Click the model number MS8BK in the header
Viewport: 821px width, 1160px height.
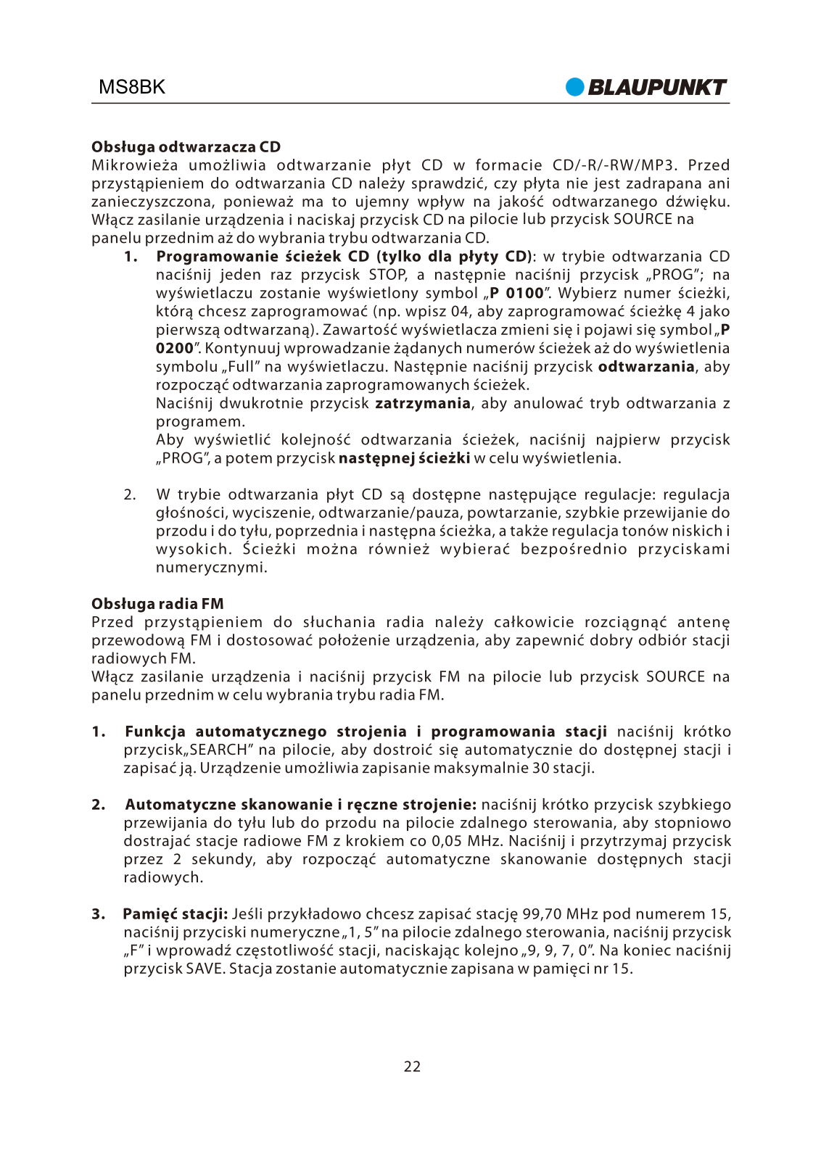pos(132,87)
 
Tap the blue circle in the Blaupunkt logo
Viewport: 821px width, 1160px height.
pos(575,87)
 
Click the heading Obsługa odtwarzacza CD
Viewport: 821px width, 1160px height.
pos(186,146)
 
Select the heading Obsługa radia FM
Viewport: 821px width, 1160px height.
pos(157,603)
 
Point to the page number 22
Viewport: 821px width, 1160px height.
pos(412,1066)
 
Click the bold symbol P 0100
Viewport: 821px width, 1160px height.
pos(516,293)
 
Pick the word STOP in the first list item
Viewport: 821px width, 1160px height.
pos(387,275)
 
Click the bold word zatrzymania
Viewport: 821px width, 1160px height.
pos(422,403)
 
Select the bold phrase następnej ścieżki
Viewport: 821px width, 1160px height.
pos(404,458)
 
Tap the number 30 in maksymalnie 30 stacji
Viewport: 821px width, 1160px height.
pos(540,768)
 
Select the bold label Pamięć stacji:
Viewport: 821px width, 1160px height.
pos(176,913)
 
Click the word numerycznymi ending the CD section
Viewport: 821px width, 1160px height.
pos(211,567)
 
